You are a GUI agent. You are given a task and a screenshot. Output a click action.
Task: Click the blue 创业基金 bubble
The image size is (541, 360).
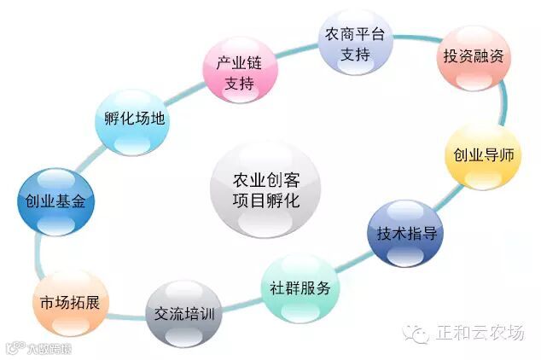(x=55, y=202)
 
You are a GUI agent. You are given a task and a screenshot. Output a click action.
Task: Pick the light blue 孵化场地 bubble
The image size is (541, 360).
(x=131, y=119)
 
